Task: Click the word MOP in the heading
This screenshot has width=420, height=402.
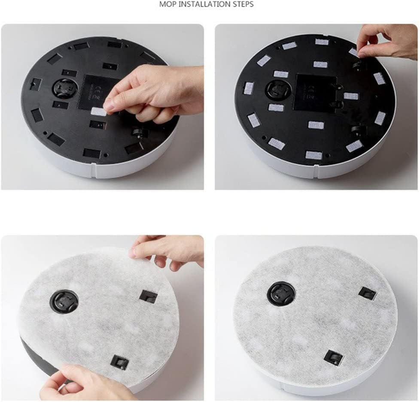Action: [x=167, y=5]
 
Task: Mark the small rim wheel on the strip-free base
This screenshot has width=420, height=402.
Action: [x=140, y=133]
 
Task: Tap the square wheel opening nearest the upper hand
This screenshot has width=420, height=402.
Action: [x=149, y=296]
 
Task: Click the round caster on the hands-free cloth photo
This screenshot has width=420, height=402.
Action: [x=281, y=293]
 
